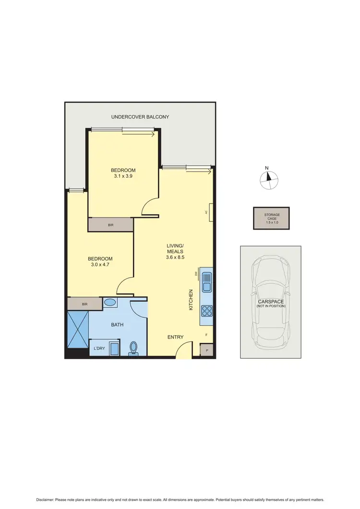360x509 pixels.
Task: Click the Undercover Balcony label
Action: (140, 117)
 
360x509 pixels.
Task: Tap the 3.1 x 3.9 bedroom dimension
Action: (123, 176)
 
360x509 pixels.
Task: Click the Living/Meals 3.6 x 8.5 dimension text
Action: (175, 257)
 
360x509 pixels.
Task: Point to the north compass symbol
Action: (269, 180)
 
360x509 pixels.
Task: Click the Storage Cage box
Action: (271, 218)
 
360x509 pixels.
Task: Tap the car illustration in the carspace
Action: (271, 302)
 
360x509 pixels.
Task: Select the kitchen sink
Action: (207, 282)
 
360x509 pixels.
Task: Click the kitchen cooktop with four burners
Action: (207, 311)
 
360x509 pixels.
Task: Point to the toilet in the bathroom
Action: (133, 348)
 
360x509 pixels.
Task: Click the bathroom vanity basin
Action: (110, 303)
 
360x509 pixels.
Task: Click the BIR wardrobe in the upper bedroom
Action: (110, 225)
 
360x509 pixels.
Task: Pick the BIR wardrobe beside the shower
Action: (84, 304)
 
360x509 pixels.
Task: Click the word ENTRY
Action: (175, 337)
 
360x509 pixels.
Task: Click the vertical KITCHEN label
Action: (191, 299)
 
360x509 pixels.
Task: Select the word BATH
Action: (117, 325)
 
